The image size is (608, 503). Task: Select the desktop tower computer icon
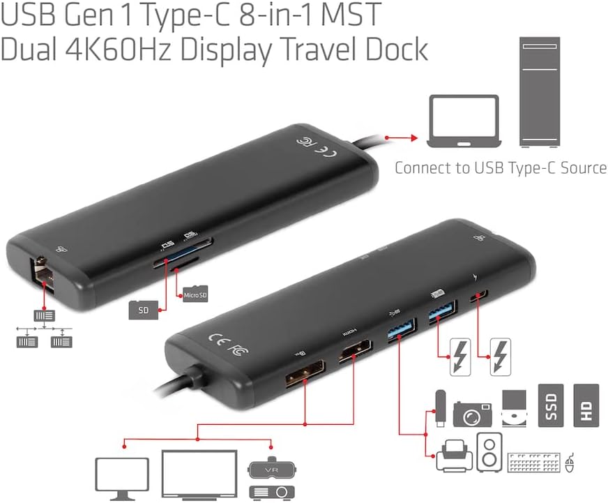coord(539,91)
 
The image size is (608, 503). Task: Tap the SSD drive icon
coord(552,405)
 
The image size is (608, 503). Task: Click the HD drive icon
coord(586,405)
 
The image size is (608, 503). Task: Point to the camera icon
coord(472,412)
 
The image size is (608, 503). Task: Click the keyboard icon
coord(534,462)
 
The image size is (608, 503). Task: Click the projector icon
coord(270,490)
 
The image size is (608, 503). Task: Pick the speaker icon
coord(488,452)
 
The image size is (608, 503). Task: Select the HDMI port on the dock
coord(355,354)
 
